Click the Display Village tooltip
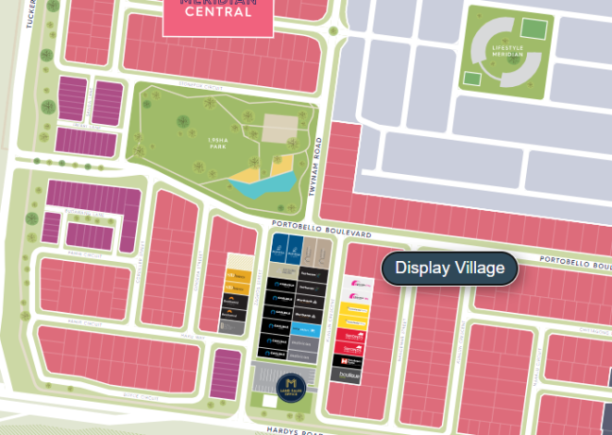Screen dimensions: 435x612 click(450, 268)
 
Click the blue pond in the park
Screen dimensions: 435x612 click(259, 185)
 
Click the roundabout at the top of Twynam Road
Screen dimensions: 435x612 click(333, 30)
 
